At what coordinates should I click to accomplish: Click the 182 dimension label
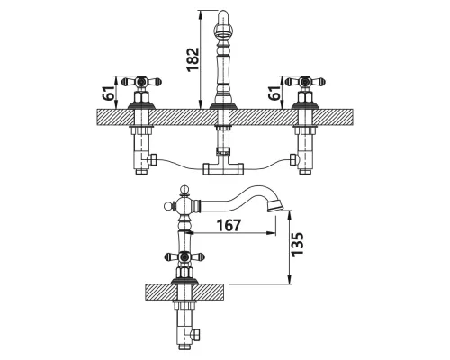193,59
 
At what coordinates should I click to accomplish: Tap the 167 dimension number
229,225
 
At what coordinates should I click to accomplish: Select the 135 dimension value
298,244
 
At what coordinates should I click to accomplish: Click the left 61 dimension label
109,93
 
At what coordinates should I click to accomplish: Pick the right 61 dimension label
274,93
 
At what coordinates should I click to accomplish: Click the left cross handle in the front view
141,82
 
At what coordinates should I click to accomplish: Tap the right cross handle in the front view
305,82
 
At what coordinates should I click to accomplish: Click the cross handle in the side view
184,256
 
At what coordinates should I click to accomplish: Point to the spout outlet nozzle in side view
274,207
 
